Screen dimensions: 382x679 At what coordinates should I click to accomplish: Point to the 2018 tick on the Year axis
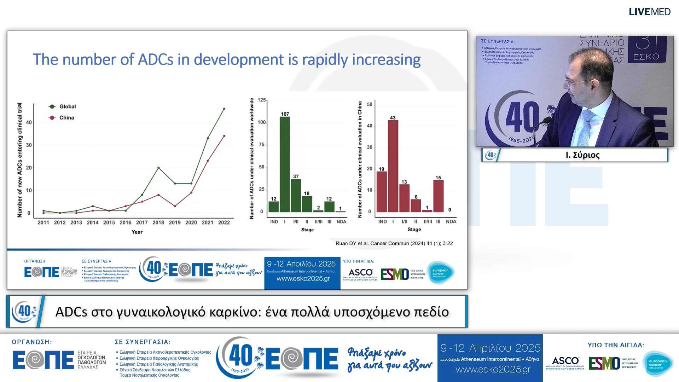coord(158,222)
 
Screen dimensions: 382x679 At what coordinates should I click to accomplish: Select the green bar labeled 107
coord(285,164)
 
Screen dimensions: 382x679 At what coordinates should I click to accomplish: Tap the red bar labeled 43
coord(393,166)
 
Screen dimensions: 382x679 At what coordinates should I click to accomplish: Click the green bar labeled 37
coord(296,196)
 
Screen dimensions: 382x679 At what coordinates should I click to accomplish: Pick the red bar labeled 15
coord(438,196)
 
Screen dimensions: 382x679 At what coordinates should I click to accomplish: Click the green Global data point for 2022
coord(224,109)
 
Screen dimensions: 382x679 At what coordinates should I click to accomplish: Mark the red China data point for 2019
coord(175,206)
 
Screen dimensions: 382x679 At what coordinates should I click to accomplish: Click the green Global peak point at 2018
coord(158,168)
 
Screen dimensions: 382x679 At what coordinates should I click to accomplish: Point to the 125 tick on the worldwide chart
coord(261,100)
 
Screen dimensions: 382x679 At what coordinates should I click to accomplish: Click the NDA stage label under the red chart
coord(451,222)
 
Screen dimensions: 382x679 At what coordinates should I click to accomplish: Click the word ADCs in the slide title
coord(155,59)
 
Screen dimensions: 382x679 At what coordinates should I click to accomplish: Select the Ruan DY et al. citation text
coord(394,243)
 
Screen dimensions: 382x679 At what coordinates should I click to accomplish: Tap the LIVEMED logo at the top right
coord(649,12)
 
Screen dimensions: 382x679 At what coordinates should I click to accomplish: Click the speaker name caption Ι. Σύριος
coord(582,155)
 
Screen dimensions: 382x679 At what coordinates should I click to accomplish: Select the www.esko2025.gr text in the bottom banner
coord(493,370)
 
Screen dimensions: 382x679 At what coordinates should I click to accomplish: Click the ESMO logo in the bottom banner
coord(604,363)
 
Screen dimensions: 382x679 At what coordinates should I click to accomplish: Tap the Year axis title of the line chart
coord(137,232)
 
